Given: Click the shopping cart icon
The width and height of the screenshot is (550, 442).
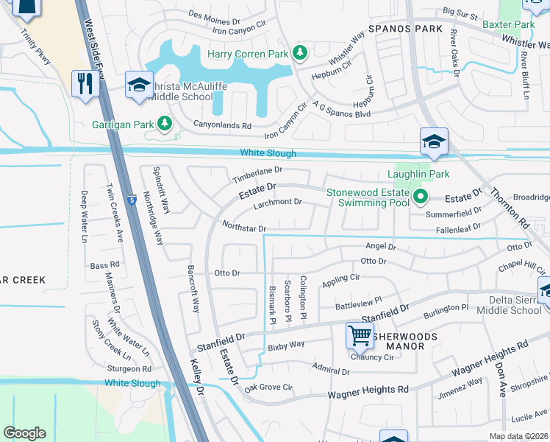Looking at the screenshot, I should (x=360, y=335).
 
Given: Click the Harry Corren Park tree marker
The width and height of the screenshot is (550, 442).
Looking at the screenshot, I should (x=299, y=52).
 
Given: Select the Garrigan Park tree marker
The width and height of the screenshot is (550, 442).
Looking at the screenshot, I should (x=167, y=123).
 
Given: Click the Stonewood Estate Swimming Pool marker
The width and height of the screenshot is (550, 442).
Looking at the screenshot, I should (x=421, y=196).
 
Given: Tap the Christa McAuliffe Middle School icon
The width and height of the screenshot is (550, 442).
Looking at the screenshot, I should (x=138, y=84).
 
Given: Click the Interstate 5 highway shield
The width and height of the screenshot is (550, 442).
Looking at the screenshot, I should (x=131, y=200).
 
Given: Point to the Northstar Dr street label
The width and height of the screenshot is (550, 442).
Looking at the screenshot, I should (x=243, y=228).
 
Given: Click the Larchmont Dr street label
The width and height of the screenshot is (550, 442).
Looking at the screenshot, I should (x=277, y=202).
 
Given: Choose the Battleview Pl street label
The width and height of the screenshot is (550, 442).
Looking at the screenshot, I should (x=359, y=301).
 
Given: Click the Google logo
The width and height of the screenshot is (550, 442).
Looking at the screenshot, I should (x=25, y=433).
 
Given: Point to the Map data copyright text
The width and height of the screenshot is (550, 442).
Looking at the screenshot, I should (x=518, y=436).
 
